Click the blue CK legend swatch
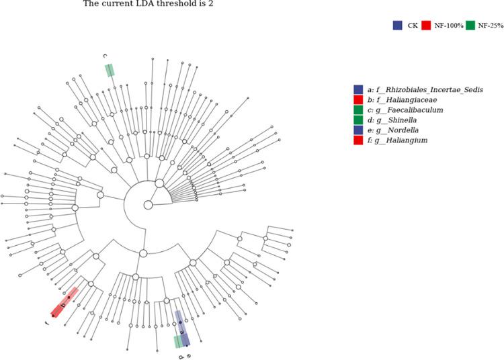click(397, 26)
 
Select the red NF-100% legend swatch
click(426, 26)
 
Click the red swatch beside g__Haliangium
click(358, 140)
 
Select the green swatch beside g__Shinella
click(358, 120)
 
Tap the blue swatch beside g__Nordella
click(358, 130)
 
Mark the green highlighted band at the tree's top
click(109, 71)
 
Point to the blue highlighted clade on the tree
click(181, 327)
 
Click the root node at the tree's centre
click(148, 204)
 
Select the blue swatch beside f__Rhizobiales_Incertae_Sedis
click(358, 89)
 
